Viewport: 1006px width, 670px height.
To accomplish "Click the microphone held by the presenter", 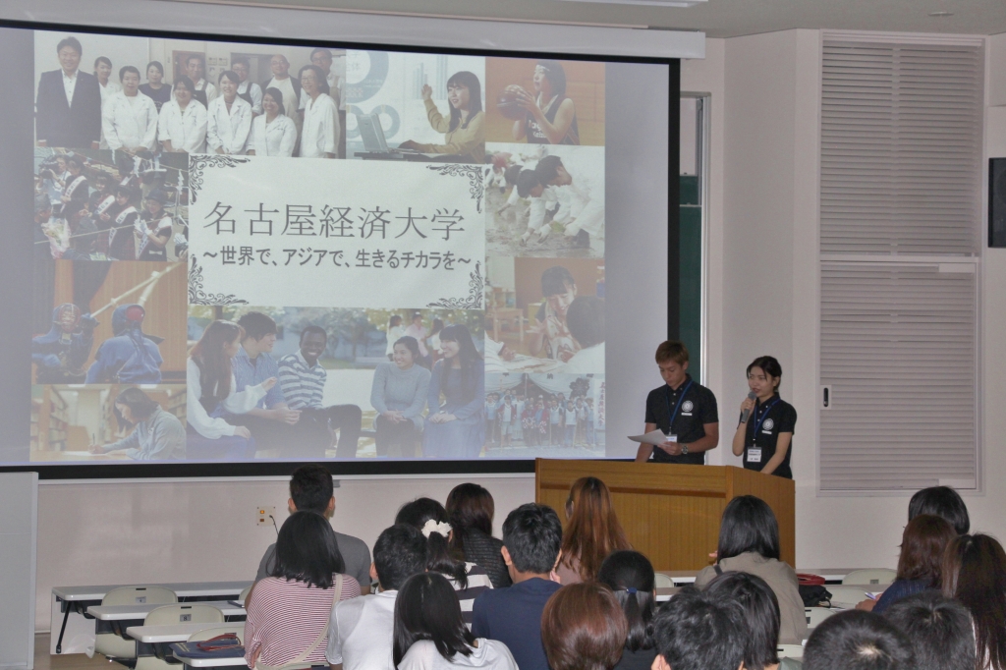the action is [748, 407].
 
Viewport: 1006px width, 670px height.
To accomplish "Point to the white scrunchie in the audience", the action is [436, 528].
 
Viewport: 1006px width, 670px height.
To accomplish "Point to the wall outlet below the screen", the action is [265, 514].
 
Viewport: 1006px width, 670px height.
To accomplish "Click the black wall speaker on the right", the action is [997, 202].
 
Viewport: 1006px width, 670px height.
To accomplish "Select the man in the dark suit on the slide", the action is [68, 95].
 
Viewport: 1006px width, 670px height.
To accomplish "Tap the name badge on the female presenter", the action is [754, 455].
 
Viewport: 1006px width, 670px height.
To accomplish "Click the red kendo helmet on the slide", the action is [131, 315].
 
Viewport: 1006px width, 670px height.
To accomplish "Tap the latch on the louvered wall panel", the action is [826, 397].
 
